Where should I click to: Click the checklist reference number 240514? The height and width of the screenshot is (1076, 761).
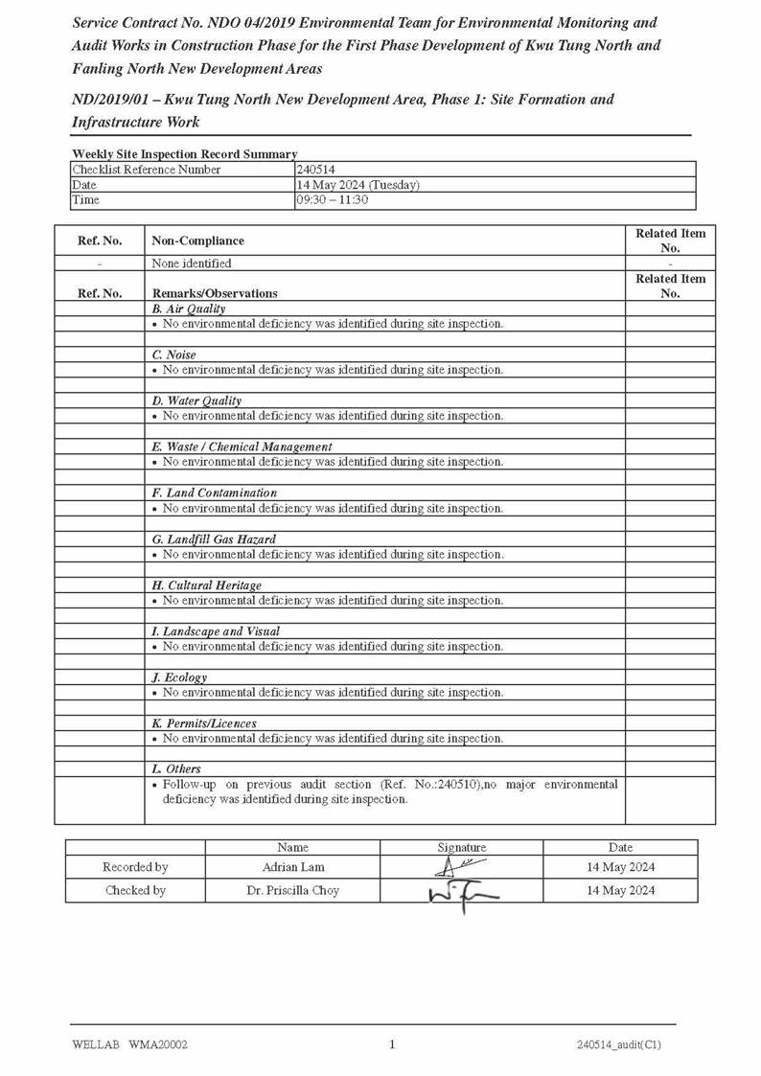(x=315, y=170)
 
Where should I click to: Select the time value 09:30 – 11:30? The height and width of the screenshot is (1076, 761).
(x=332, y=200)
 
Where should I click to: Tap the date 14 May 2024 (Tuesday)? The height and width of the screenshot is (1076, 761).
(x=357, y=185)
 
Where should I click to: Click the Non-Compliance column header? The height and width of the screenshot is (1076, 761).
(x=197, y=240)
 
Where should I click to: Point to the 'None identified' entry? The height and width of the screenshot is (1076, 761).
(x=191, y=263)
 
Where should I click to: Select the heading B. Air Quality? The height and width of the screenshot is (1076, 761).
(x=189, y=309)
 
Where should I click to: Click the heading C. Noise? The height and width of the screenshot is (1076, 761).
(x=173, y=355)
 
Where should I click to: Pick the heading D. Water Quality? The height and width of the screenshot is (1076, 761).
(x=196, y=401)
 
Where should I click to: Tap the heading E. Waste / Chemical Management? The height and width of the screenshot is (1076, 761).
(x=242, y=446)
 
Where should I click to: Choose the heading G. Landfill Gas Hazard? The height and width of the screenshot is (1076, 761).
(x=214, y=539)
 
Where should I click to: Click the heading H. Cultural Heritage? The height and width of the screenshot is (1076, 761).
(x=206, y=585)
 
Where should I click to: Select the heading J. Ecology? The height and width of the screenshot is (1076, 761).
(x=179, y=677)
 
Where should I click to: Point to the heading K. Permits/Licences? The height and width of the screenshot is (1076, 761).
(x=204, y=723)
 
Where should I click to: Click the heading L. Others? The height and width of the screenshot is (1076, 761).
(x=176, y=769)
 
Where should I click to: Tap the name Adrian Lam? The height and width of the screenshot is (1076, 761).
(x=293, y=867)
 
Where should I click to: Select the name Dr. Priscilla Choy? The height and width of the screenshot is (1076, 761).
(x=292, y=890)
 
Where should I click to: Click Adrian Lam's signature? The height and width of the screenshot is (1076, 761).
(x=458, y=867)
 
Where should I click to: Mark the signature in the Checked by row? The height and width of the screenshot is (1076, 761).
(x=463, y=893)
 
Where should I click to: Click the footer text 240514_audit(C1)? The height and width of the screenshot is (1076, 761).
(x=618, y=1044)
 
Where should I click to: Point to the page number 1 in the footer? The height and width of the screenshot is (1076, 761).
(x=392, y=1044)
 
